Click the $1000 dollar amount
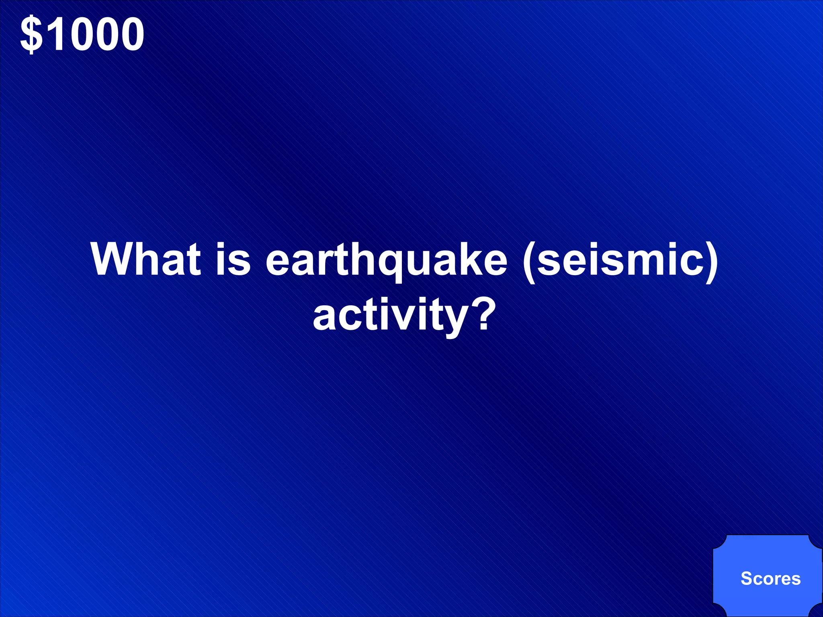click(x=82, y=35)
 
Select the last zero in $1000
click(x=131, y=35)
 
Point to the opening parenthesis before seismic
click(x=530, y=261)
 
